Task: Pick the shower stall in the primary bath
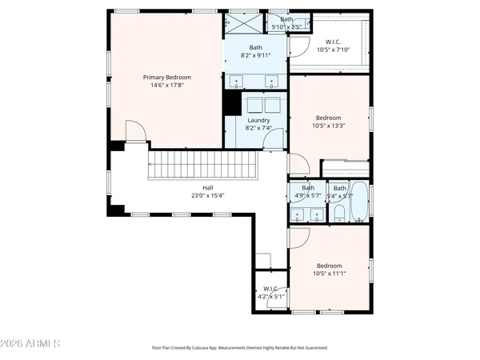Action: (244, 22)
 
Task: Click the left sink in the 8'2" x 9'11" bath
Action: (238, 82)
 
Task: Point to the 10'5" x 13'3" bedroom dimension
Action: (329, 126)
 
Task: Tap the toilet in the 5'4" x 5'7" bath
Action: (339, 213)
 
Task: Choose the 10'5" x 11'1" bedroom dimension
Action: (329, 274)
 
